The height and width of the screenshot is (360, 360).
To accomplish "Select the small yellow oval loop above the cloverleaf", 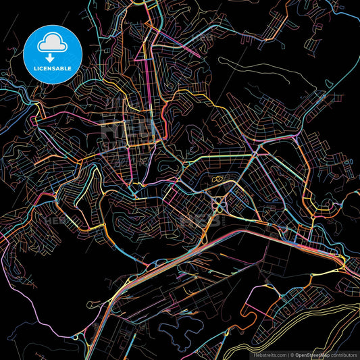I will tap(218, 180).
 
